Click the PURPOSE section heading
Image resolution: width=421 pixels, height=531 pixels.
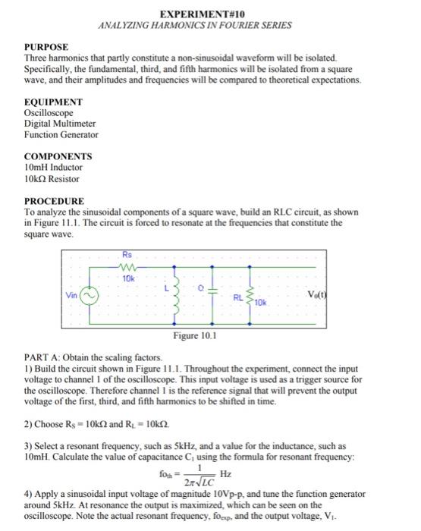(47, 47)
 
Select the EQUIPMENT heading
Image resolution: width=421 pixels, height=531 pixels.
(54, 102)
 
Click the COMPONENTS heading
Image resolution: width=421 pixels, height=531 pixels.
(58, 156)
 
